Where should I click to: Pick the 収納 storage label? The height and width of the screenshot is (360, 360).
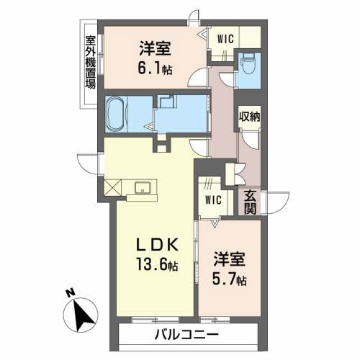[x=249, y=114]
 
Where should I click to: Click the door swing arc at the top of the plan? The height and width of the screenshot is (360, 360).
[x=193, y=18]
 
